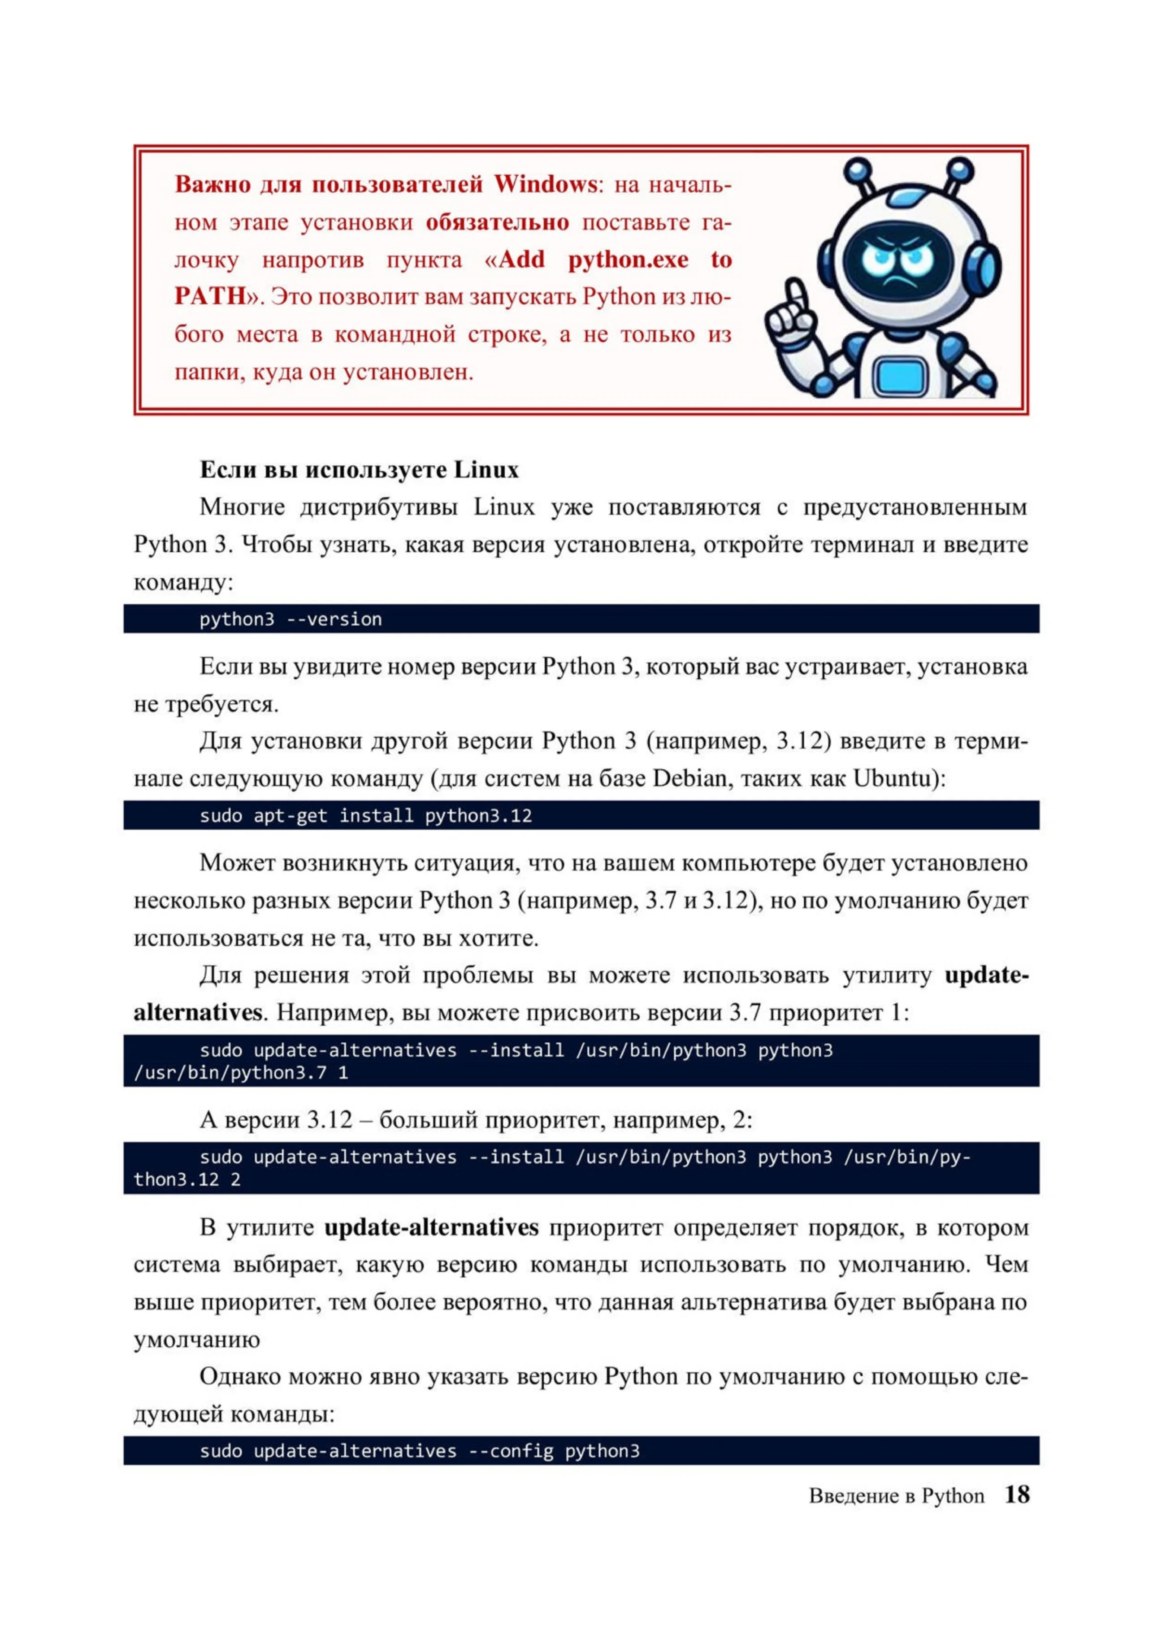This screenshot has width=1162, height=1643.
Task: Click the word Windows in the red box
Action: [x=545, y=185]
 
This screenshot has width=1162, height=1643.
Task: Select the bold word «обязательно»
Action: [x=497, y=222]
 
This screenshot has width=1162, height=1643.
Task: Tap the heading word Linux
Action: [x=486, y=470]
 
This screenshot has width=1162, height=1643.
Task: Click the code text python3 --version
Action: [x=290, y=619]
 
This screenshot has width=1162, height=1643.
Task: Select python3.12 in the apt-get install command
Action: [x=478, y=816]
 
